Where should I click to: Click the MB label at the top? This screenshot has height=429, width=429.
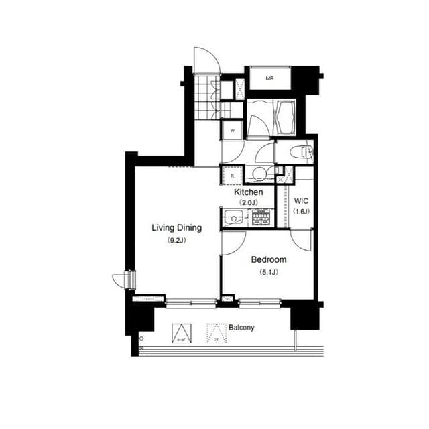click(x=269, y=79)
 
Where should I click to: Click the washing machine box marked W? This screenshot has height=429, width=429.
click(x=232, y=130)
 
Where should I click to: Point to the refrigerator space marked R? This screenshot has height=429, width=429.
click(x=231, y=176)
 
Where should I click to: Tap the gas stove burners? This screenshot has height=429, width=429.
click(x=261, y=217)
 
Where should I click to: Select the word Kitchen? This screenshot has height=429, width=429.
click(x=248, y=192)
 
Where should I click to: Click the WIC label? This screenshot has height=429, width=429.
click(x=301, y=200)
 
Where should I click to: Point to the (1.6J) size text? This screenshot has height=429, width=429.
click(x=301, y=211)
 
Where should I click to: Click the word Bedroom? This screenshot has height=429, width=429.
click(x=268, y=259)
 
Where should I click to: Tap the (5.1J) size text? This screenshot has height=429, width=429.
click(x=268, y=271)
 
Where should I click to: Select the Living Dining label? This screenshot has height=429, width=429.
click(x=176, y=228)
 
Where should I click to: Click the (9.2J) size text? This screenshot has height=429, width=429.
click(x=176, y=240)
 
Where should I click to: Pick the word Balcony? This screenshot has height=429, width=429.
click(x=241, y=328)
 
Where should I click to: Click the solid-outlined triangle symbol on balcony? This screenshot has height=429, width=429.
click(x=181, y=333)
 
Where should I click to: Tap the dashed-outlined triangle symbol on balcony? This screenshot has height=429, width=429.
click(x=215, y=333)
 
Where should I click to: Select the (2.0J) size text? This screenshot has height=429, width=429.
click(x=248, y=203)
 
